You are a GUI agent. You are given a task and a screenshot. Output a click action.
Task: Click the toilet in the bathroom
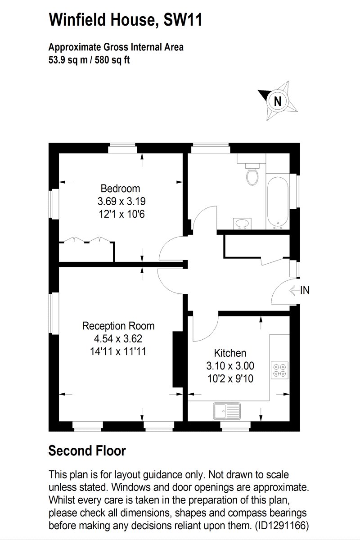tap(252, 174)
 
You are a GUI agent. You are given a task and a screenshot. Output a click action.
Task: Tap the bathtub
tap(277, 203)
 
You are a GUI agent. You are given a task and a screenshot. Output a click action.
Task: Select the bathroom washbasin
tap(242, 224)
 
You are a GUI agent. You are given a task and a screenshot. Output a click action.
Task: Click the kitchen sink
tap(227, 411)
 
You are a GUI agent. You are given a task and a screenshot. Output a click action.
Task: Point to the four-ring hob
tap(279, 370)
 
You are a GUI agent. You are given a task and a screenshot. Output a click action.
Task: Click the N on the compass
tap(278, 101)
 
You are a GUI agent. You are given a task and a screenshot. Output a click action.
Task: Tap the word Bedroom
tap(120, 189)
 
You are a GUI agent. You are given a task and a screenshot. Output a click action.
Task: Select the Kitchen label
tap(230, 353)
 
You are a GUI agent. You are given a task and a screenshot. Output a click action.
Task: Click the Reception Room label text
tap(118, 326)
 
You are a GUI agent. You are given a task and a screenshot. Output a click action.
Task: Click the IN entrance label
tap(305, 290)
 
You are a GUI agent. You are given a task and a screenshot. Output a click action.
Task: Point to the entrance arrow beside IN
tap(294, 291)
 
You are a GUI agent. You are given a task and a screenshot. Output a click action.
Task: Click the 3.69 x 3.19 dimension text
tap(121, 201)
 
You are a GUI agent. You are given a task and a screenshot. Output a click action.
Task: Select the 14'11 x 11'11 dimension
tap(118, 351)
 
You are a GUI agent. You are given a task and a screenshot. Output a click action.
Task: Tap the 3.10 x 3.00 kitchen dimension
tap(230, 366)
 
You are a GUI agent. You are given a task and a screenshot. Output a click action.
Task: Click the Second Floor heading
tap(87, 450)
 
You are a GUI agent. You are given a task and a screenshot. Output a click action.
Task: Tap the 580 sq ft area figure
tap(112, 59)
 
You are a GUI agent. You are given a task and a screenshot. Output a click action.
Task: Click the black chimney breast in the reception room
tap(178, 360)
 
